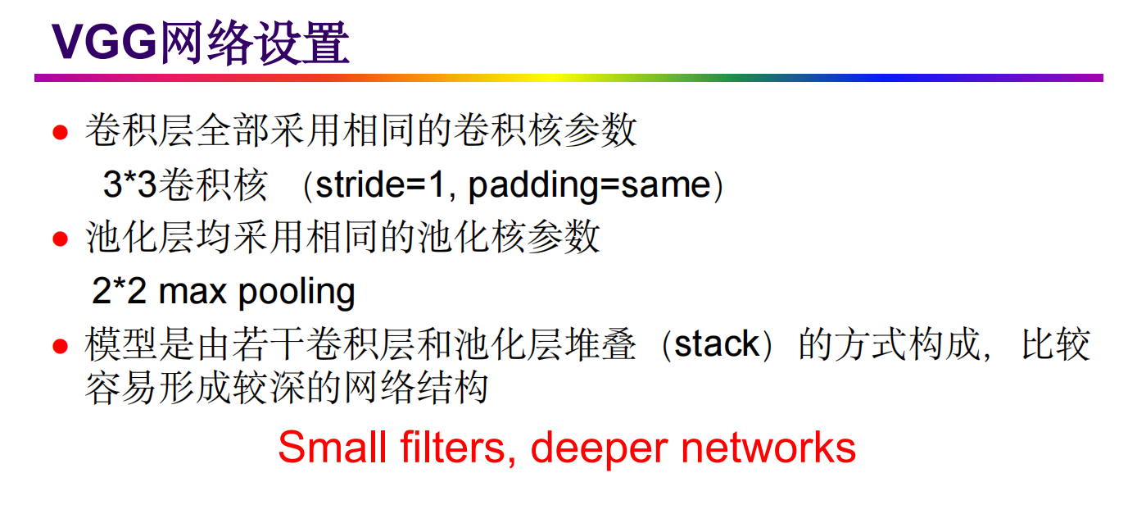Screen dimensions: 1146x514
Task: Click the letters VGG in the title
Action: pyautogui.click(x=103, y=43)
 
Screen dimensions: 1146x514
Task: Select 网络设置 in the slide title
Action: pyautogui.click(x=253, y=43)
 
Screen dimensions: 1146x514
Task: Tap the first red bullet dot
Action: pyautogui.click(x=60, y=132)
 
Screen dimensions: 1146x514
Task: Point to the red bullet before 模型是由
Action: pyautogui.click(x=60, y=346)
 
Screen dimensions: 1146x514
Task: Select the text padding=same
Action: pyautogui.click(x=589, y=186)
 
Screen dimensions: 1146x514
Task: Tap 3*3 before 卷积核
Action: pyautogui.click(x=129, y=186)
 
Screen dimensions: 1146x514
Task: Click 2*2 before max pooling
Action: pyautogui.click(x=119, y=292)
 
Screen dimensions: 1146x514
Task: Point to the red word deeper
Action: pyautogui.click(x=600, y=449)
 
